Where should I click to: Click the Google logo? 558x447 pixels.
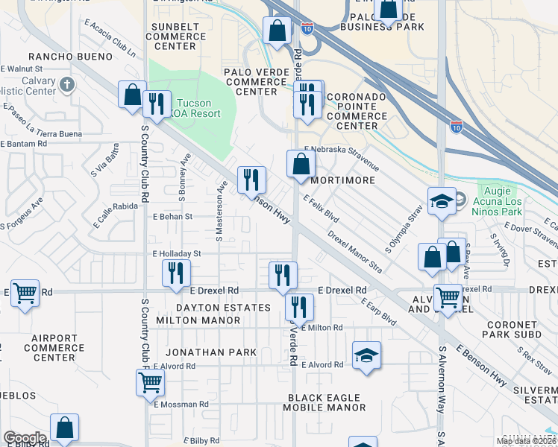pos(25,438)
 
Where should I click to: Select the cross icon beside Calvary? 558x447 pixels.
pos(68,83)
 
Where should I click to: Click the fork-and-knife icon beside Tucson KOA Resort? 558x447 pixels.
pos(156,104)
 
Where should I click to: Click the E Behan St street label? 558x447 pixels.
pos(172,217)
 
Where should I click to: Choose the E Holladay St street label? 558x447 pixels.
pos(177,253)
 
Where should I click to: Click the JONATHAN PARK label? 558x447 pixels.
pos(211,352)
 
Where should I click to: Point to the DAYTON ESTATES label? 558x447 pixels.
pos(223,307)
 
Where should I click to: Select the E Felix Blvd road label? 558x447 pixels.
pos(322,209)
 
